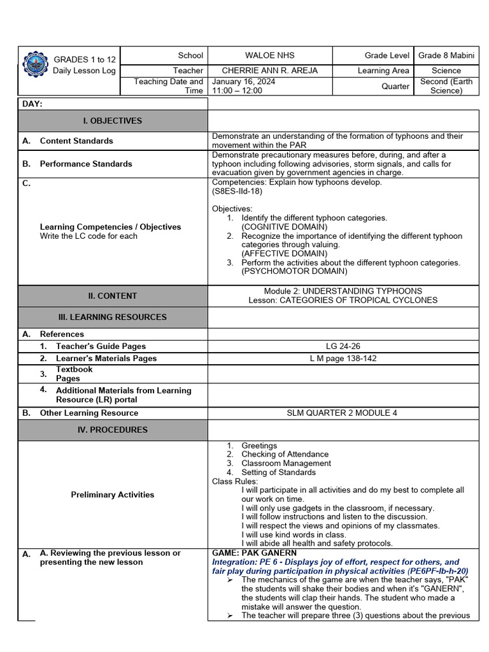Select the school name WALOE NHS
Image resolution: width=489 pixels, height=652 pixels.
pyautogui.click(x=270, y=55)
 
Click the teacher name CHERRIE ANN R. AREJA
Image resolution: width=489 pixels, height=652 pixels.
pyautogui.click(x=269, y=71)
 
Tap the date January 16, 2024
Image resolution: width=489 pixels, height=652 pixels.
pyautogui.click(x=243, y=82)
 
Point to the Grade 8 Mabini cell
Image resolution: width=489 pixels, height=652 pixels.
pyautogui.click(x=446, y=55)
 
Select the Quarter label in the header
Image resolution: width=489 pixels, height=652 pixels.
pyautogui.click(x=395, y=86)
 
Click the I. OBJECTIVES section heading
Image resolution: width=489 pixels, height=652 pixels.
pyautogui.click(x=113, y=121)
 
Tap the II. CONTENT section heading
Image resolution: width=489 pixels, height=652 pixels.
pyautogui.click(x=113, y=296)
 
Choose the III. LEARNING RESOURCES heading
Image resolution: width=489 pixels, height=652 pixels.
pyautogui.click(x=113, y=317)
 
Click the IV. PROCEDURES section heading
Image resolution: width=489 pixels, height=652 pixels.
pyautogui.click(x=113, y=430)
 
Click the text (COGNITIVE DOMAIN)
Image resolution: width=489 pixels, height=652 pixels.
pyautogui.click(x=284, y=227)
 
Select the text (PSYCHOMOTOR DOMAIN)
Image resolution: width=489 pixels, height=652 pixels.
pyautogui.click(x=294, y=271)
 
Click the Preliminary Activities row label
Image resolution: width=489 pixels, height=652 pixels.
pyautogui.click(x=113, y=495)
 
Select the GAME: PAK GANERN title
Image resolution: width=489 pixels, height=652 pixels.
pyautogui.click(x=254, y=553)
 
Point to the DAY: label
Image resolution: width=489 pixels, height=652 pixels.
pyautogui.click(x=32, y=104)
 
